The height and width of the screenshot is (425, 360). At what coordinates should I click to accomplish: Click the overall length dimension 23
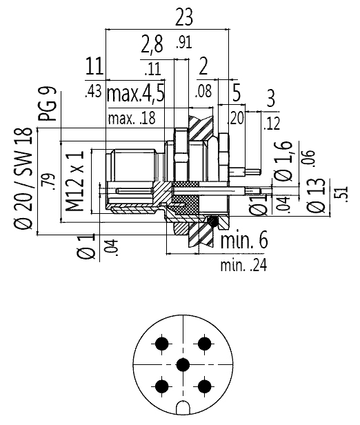[x=184, y=17]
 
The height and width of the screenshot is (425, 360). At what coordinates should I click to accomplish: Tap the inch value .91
[x=184, y=43]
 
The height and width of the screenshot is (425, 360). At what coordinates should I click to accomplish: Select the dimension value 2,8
[x=152, y=44]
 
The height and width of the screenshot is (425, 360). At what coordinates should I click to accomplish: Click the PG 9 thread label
[x=48, y=103]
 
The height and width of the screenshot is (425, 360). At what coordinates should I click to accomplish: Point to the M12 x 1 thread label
[x=74, y=181]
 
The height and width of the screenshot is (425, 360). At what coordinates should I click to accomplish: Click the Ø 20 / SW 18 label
[x=23, y=178]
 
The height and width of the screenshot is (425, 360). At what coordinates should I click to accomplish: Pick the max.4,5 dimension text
[x=136, y=95]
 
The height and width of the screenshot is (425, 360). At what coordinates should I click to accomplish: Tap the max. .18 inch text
[x=132, y=119]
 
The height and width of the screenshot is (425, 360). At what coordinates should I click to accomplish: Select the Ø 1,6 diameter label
[x=284, y=161]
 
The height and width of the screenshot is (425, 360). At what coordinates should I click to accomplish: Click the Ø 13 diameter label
[x=316, y=196]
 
